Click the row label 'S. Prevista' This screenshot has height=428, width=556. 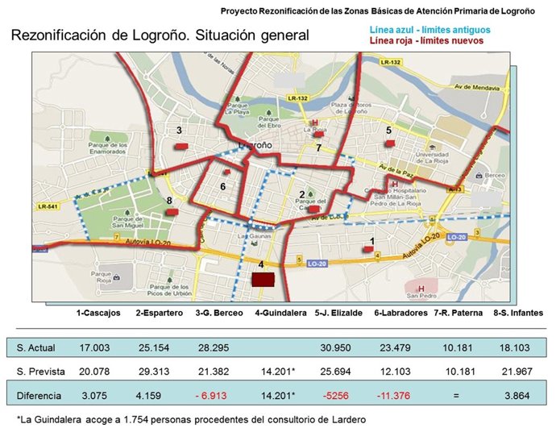(x=39, y=371)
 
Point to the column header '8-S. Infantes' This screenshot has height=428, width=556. (x=517, y=313)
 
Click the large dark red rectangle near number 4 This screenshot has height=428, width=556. (x=263, y=280)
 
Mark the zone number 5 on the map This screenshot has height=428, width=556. (x=388, y=130)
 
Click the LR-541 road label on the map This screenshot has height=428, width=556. (x=46, y=206)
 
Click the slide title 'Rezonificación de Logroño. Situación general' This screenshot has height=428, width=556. (x=159, y=36)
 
